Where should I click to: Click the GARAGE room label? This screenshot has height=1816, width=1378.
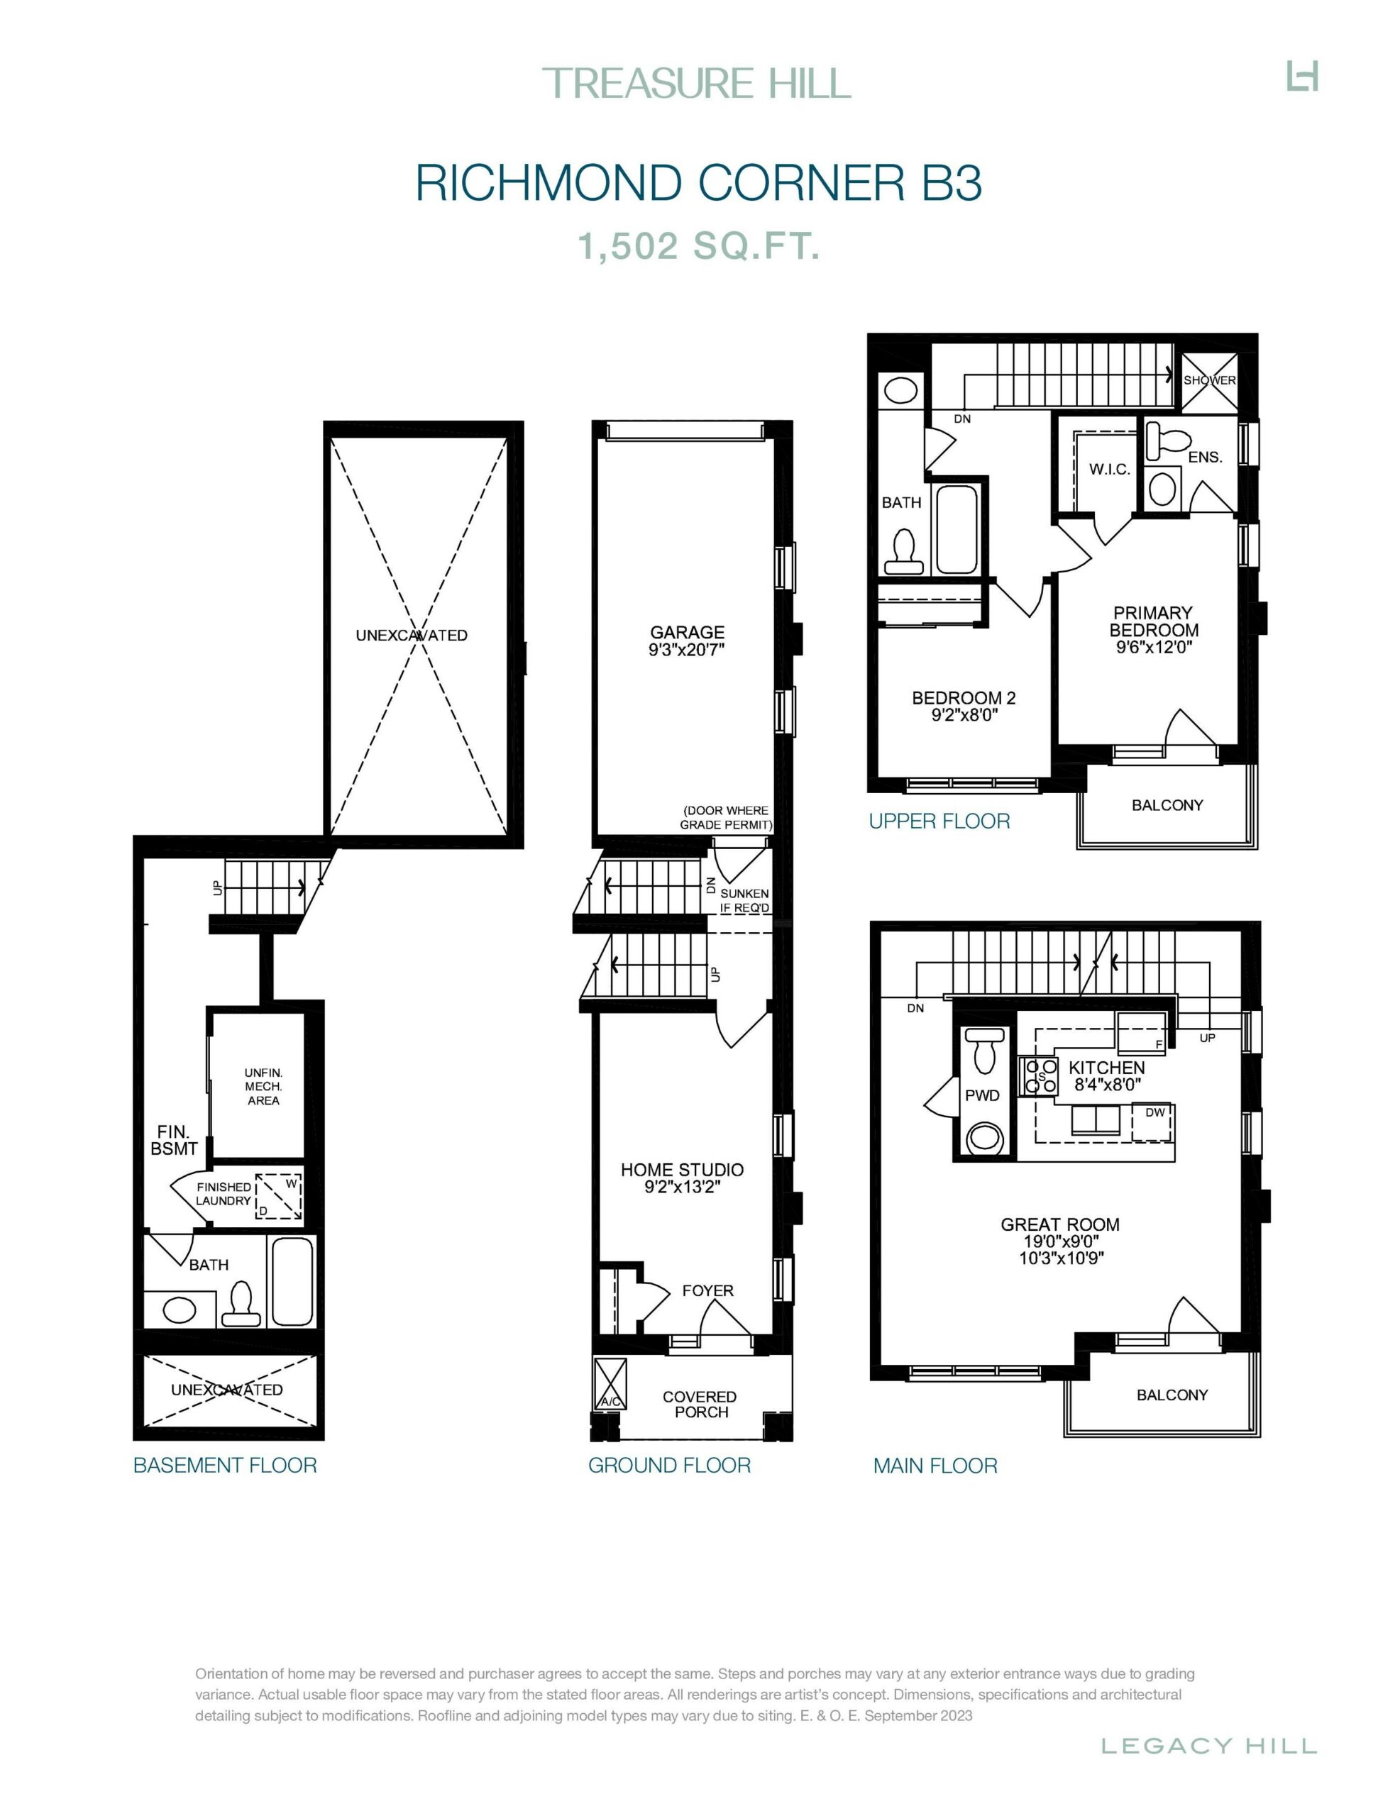[x=688, y=632]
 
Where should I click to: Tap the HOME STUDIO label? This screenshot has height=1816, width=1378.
[x=682, y=1170]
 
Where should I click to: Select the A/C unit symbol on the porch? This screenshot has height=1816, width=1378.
[x=610, y=1383]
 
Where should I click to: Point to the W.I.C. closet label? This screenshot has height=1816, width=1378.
[x=1110, y=470]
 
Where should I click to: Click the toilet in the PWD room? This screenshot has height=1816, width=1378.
[x=982, y=1049]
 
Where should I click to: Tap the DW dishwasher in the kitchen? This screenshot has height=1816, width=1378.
[x=1153, y=1122]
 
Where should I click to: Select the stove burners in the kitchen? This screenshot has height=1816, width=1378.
[x=1038, y=1076]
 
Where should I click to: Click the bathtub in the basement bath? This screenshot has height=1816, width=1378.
[x=292, y=1280]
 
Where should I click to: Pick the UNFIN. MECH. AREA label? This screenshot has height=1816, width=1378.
[x=264, y=1086]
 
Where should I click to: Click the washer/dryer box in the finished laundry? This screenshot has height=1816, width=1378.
[x=278, y=1197]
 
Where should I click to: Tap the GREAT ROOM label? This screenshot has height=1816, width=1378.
[x=1059, y=1224]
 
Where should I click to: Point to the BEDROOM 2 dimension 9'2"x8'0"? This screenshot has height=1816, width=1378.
[x=964, y=715]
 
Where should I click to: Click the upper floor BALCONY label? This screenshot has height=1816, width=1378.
[x=1167, y=805]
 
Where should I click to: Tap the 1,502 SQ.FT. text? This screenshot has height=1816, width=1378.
[x=699, y=245]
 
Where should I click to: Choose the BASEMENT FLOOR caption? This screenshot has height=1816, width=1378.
[x=225, y=1466]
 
